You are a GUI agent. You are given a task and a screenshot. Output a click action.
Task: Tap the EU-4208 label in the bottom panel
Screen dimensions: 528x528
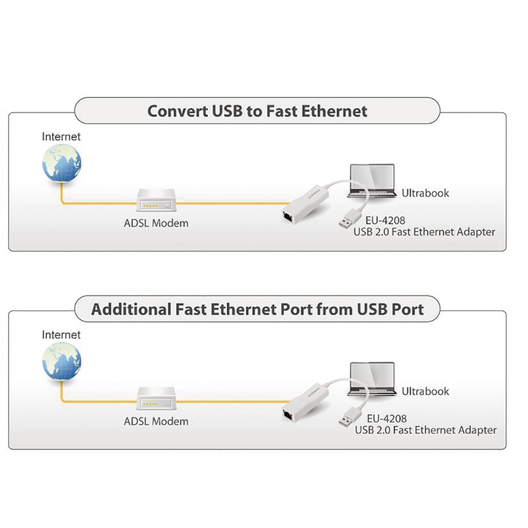tap(386, 419)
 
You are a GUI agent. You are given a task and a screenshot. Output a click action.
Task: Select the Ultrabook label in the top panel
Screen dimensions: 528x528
tap(425, 193)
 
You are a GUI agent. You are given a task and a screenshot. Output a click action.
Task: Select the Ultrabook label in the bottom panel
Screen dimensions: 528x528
tap(425, 391)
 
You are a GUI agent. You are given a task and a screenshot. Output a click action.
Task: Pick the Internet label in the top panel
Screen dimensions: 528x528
tap(61, 137)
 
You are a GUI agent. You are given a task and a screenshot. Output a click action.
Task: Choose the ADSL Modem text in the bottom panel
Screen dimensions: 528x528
tap(156, 421)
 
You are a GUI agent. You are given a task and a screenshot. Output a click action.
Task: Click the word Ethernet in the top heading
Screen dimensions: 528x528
tap(334, 111)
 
